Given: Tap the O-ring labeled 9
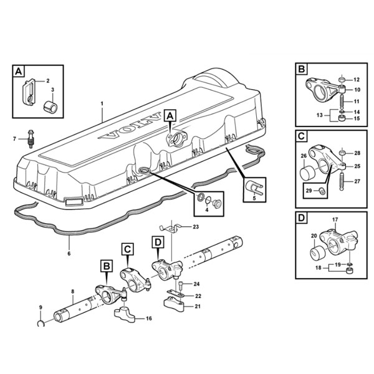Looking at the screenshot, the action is pyautogui.click(x=41, y=324).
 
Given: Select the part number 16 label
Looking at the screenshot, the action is pyautogui.click(x=148, y=319).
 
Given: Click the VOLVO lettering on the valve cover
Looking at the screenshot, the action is pyautogui.click(x=129, y=126).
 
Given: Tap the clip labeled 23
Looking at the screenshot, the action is pyautogui.click(x=171, y=228).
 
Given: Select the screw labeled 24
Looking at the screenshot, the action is pyautogui.click(x=181, y=285).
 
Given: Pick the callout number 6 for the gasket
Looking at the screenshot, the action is pyautogui.click(x=69, y=253).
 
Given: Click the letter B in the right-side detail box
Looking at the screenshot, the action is pyautogui.click(x=302, y=69).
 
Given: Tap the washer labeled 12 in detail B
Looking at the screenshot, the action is pyautogui.click(x=342, y=79).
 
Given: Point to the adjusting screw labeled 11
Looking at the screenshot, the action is pyautogui.click(x=342, y=102).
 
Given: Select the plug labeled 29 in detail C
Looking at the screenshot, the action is pyautogui.click(x=322, y=191).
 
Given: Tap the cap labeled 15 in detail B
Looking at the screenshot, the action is pyautogui.click(x=342, y=118).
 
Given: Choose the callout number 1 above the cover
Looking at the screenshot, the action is pyautogui.click(x=102, y=103).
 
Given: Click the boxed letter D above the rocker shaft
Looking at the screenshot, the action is pyautogui.click(x=158, y=242).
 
